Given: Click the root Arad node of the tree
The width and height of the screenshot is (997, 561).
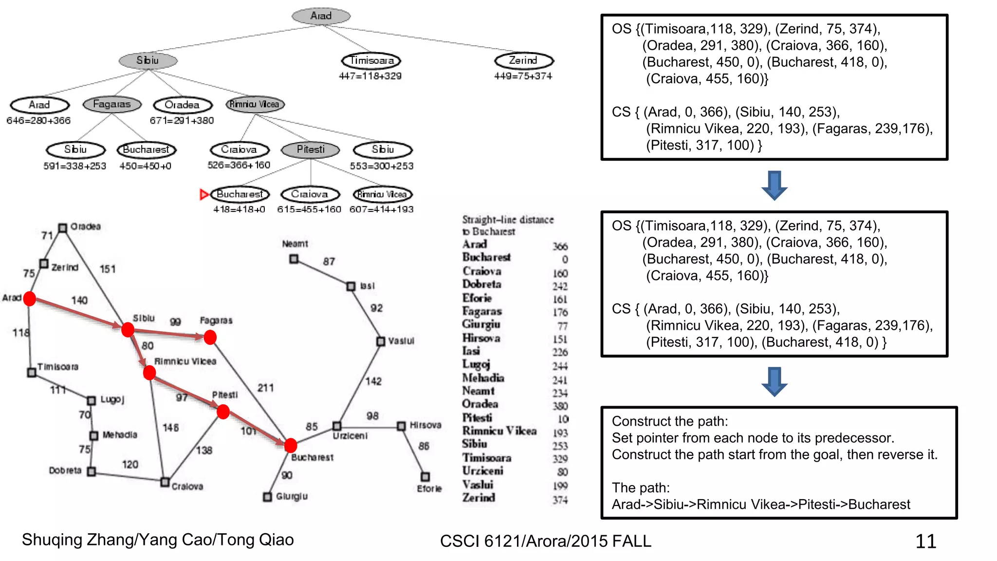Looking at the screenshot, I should (321, 16).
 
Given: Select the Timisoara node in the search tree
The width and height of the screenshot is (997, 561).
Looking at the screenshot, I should (371, 60).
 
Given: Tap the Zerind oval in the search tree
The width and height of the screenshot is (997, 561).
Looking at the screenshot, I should (523, 60).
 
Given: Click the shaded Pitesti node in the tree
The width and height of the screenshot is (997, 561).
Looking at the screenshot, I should (311, 150).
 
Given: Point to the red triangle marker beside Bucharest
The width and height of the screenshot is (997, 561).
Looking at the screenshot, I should (204, 195).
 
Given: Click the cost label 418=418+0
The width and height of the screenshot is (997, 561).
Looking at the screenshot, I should (239, 209).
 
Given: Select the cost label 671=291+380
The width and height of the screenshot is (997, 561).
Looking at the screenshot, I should (182, 120).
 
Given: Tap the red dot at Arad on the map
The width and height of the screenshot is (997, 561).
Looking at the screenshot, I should (30, 299).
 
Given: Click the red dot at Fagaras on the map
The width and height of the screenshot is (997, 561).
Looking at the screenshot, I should (210, 337).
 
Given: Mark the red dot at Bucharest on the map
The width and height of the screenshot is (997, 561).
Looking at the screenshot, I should (291, 445).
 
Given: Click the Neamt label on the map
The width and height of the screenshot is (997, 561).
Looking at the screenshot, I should (295, 243).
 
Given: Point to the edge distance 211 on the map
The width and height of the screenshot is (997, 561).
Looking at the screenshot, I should (265, 388).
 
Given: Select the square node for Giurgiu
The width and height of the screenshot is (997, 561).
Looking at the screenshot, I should (267, 497).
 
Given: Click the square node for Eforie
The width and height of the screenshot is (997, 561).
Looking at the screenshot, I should (425, 476).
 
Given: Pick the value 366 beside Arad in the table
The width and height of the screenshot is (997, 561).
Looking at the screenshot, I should (560, 246).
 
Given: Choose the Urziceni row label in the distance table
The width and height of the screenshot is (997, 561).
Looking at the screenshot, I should (482, 471).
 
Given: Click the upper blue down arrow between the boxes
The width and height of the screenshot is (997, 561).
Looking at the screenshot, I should (774, 185).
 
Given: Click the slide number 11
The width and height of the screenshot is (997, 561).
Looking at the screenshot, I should (925, 541).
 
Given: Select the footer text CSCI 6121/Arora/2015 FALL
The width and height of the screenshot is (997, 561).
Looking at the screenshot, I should (545, 541).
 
